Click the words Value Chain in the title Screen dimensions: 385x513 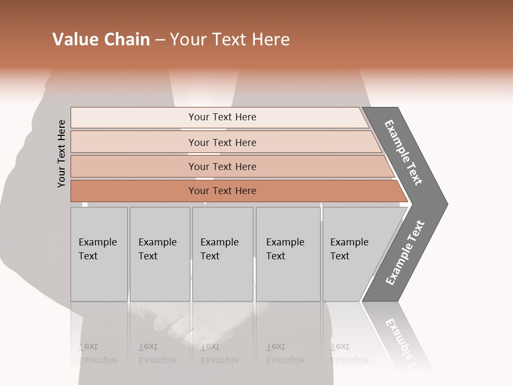point(101,40)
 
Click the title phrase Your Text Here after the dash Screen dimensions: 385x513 point(230,40)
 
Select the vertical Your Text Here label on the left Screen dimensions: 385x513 point(61,153)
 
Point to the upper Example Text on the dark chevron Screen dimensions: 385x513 point(403,152)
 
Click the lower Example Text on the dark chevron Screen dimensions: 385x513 point(405,253)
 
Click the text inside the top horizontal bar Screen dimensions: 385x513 point(222,117)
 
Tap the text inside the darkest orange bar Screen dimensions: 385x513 point(222,191)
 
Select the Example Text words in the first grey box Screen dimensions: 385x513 point(97,249)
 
